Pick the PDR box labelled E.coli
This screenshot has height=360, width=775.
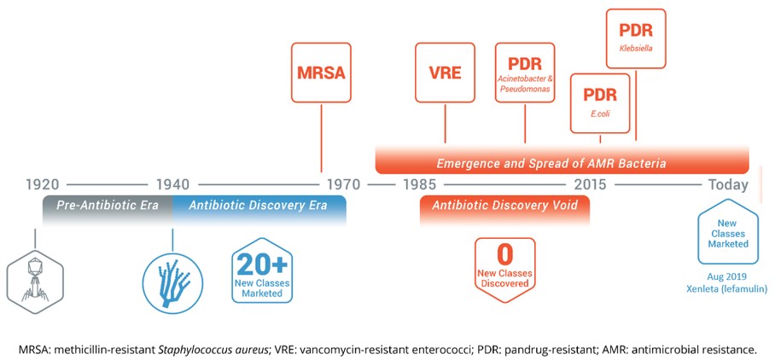(x=600, y=102)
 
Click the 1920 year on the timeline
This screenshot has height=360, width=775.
(x=43, y=184)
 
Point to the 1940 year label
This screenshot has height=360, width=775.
(x=172, y=184)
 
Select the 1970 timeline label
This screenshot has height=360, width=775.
(x=340, y=184)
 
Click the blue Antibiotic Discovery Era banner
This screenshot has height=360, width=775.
(x=259, y=206)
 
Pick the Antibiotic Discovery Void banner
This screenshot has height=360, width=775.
(x=504, y=206)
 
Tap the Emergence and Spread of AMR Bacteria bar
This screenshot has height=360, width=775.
(x=562, y=162)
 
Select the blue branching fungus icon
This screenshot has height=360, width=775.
(x=172, y=276)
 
